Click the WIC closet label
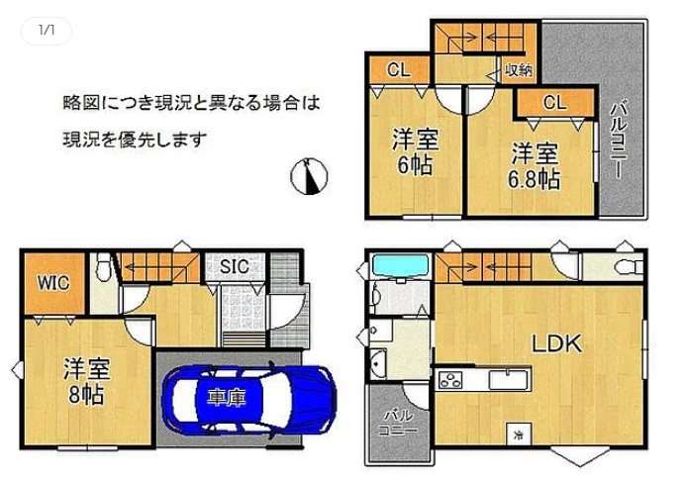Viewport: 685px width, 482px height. [52, 283]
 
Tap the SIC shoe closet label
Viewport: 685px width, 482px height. [235, 265]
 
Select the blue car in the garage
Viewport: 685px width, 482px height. [249, 400]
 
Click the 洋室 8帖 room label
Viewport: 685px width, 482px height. [86, 381]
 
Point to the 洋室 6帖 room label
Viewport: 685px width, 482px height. [415, 151]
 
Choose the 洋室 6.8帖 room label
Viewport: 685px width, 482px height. [534, 166]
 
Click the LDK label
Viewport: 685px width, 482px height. [557, 343]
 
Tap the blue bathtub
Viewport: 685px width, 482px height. [400, 265]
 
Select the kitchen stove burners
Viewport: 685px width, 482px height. [450, 379]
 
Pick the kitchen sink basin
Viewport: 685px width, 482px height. [509, 379]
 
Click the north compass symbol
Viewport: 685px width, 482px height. [309, 175]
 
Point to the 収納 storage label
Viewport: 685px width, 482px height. [519, 70]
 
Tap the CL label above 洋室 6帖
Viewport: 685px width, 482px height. [398, 70]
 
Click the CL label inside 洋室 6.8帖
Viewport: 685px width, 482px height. [554, 103]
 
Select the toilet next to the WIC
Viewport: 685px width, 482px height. [104, 266]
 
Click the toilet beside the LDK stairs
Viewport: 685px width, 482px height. [629, 266]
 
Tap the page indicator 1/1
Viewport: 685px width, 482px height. [47, 30]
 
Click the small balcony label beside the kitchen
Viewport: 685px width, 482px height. [398, 423]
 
